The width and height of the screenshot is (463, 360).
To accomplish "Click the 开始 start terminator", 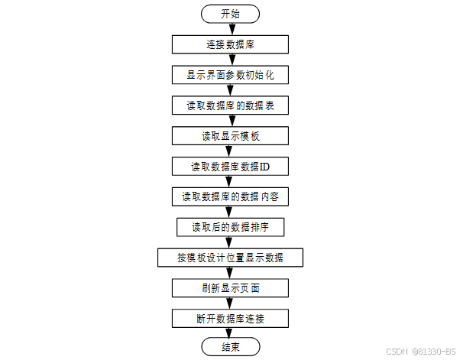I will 230,14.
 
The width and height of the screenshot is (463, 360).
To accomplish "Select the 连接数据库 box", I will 230,44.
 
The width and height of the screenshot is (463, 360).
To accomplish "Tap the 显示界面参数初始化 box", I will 230,75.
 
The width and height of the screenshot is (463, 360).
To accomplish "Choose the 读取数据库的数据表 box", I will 230,105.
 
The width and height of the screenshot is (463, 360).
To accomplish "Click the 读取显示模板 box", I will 230,136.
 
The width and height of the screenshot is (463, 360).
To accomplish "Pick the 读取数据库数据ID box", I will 230,166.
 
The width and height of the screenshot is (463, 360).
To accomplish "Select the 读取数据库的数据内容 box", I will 230,196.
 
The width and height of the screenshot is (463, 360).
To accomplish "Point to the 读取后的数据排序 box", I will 230,227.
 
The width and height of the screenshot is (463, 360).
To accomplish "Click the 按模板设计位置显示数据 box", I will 230,258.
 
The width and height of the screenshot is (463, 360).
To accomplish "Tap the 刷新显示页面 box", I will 230,288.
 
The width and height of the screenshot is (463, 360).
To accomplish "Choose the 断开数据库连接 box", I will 230,318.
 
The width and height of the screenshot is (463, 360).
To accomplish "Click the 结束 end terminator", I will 230,348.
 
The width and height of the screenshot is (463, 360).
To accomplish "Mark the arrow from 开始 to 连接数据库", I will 230,29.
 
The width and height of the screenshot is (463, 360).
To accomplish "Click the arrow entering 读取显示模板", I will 230,121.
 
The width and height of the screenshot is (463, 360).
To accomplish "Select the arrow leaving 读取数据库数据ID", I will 230,181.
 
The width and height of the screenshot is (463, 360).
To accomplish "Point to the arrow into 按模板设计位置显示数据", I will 230,242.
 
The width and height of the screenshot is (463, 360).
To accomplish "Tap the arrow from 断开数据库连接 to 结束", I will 230,333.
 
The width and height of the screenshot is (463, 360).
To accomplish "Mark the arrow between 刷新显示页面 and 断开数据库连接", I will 230,303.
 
